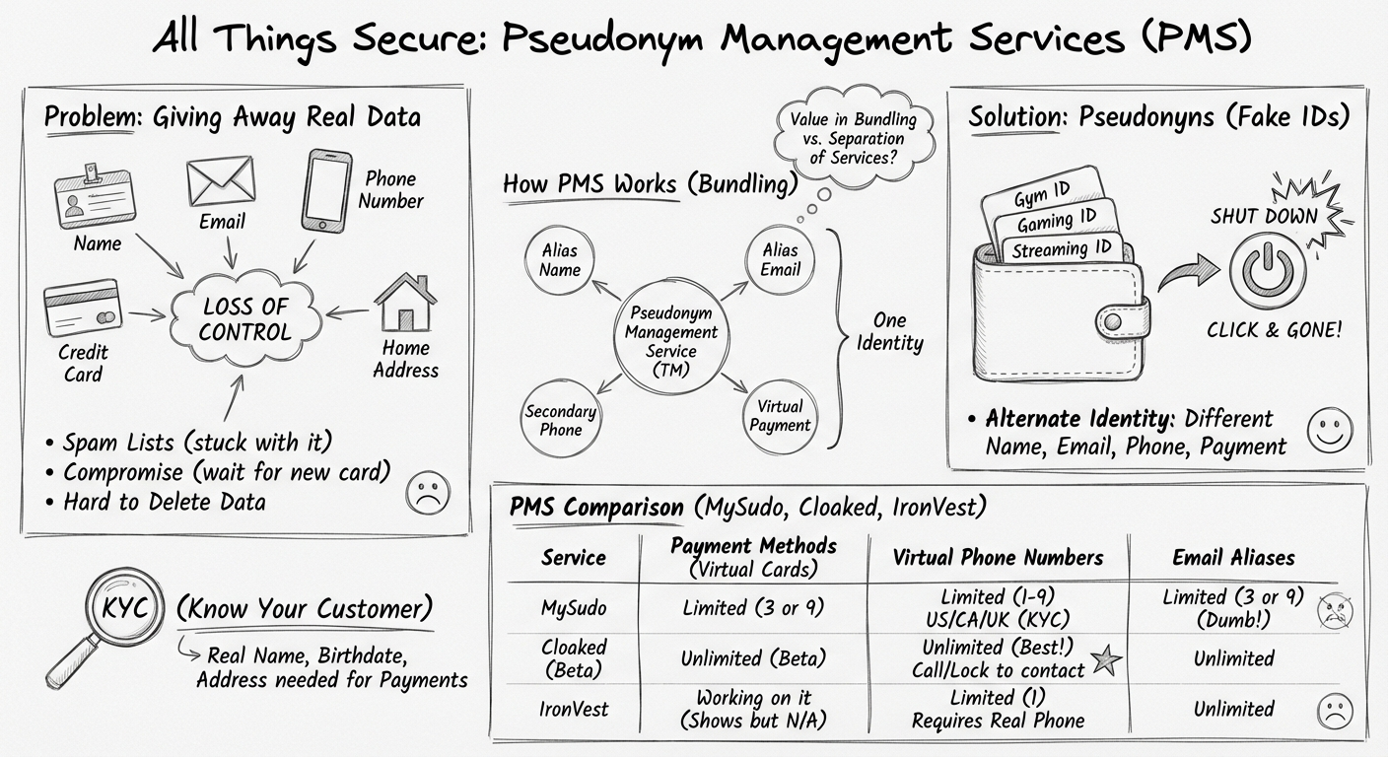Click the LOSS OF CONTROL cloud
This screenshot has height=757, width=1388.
point(243,318)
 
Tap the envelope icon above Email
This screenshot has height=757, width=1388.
point(221,182)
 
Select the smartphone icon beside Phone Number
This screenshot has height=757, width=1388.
point(326,191)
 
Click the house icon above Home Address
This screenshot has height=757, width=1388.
point(405,304)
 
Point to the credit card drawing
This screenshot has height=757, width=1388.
point(82,310)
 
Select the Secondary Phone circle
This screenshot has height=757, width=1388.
point(560,420)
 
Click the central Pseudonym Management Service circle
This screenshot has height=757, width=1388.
point(672,341)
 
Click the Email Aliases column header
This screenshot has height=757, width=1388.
point(1233,558)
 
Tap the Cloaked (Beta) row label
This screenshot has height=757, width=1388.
point(573,658)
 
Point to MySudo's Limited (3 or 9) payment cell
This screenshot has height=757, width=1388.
point(754,608)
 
